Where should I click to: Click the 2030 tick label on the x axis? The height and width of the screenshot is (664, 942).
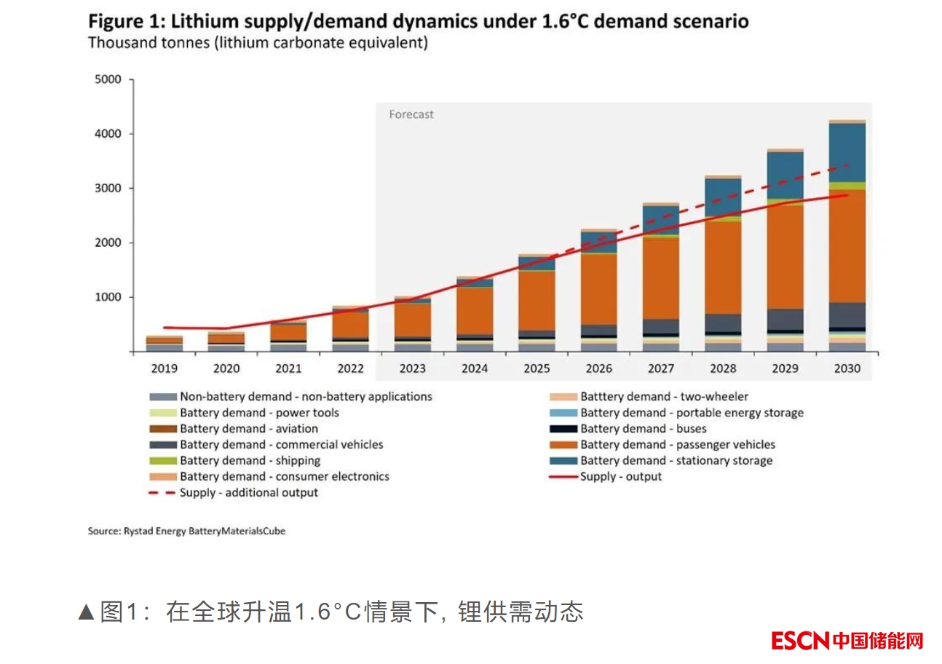847,368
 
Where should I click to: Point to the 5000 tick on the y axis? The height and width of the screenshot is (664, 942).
109,79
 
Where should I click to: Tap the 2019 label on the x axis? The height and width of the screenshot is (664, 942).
164,368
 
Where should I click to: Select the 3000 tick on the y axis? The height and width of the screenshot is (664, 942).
109,189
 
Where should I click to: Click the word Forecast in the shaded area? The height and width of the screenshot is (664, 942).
411,114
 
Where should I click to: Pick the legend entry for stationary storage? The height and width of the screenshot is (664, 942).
676,461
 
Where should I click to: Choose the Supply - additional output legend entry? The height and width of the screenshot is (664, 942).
248,493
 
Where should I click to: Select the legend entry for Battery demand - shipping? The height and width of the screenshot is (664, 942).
250,461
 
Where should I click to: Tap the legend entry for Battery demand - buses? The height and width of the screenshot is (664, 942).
643,429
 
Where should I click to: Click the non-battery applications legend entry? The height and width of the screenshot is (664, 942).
306,397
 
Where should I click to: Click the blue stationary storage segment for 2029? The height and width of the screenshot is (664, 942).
785,175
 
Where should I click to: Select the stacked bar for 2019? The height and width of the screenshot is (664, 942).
164,344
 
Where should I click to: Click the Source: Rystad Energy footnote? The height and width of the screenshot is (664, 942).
186,531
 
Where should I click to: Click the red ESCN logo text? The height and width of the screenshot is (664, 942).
801,641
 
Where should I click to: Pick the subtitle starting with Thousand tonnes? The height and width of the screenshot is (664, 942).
258,43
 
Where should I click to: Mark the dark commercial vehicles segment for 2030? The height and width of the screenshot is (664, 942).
847,315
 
